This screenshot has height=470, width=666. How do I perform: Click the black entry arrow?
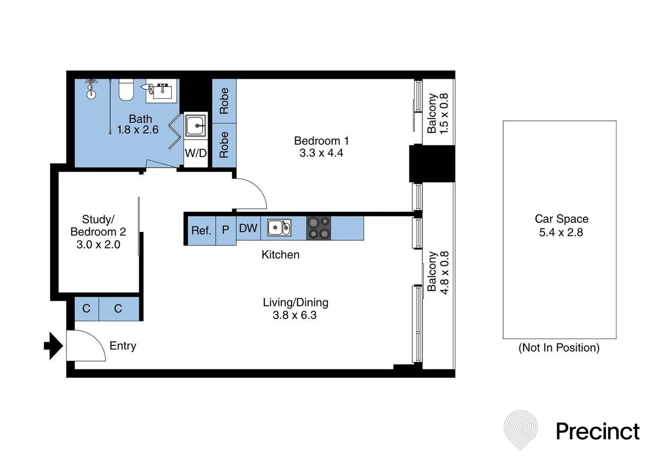(x=53, y=346)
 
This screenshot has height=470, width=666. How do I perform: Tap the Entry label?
(x=123, y=346)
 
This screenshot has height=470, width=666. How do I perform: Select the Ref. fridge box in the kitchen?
(x=201, y=230)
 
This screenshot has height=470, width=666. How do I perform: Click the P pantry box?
(x=225, y=230)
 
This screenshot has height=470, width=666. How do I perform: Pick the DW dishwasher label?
(x=248, y=228)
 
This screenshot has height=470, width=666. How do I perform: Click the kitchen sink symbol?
(x=279, y=228)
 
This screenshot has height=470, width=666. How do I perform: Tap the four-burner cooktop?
(x=319, y=228)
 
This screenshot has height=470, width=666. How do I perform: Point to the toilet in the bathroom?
(x=126, y=90)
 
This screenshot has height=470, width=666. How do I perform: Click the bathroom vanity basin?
(x=162, y=92)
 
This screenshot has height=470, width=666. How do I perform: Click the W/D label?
(x=195, y=153)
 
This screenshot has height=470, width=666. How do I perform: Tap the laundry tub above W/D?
(x=196, y=125)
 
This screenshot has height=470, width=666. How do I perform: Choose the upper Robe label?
(x=224, y=101)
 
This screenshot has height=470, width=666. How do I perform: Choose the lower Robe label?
(x=224, y=145)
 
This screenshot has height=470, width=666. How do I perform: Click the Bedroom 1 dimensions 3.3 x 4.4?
(x=321, y=153)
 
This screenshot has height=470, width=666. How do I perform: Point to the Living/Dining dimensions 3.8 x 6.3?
(x=295, y=315)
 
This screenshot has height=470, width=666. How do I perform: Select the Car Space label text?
(x=561, y=219)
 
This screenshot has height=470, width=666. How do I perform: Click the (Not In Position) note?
(x=559, y=348)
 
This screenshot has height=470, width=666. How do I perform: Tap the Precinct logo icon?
(x=521, y=430)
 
